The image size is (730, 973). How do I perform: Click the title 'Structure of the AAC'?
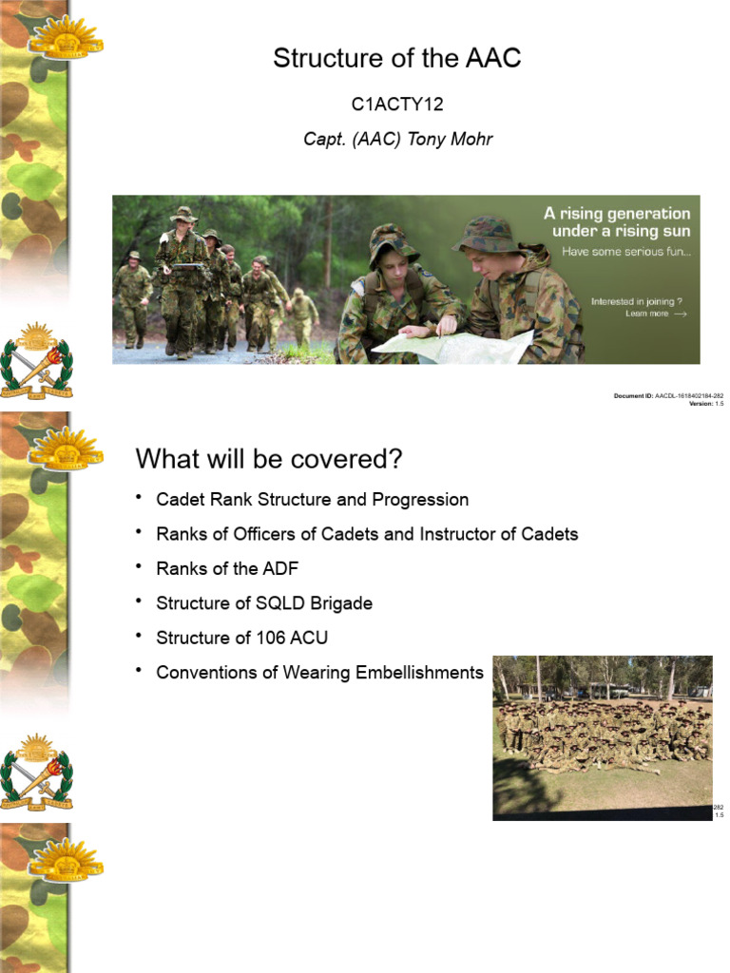(397, 59)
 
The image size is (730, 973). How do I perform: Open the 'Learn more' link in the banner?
(647, 314)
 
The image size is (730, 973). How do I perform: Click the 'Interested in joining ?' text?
(637, 301)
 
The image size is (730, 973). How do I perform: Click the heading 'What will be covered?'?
(269, 459)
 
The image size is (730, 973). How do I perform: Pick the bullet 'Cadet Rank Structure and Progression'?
(312, 500)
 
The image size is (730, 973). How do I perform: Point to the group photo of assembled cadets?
(602, 737)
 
